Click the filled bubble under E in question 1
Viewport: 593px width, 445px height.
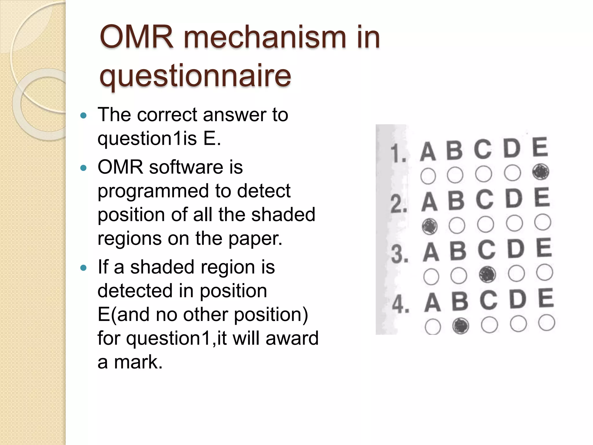(541, 172)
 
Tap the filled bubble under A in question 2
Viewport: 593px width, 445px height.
(429, 226)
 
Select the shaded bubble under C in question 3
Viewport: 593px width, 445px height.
(487, 274)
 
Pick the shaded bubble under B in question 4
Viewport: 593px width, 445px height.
(460, 326)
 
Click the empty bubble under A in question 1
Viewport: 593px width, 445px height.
(428, 176)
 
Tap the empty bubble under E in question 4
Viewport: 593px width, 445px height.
(547, 323)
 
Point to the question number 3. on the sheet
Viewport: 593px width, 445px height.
(400, 255)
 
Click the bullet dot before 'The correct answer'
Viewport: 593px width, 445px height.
(83, 116)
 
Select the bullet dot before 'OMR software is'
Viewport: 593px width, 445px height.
(83, 168)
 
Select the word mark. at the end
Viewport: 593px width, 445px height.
(138, 362)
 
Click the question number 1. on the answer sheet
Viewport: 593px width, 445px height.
(398, 154)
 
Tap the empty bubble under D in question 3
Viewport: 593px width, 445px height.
(516, 273)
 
